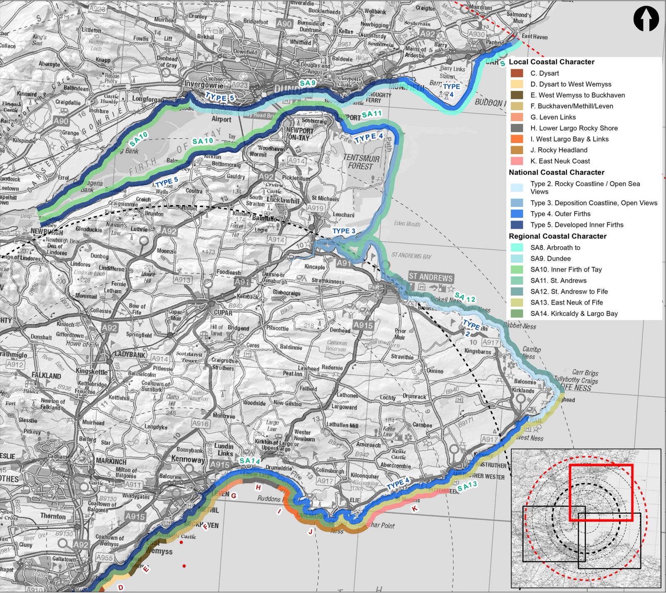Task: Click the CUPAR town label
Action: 223,312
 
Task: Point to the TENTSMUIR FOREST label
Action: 361,162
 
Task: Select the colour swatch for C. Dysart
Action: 517,73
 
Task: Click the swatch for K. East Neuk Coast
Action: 517,161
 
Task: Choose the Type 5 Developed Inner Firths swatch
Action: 517,225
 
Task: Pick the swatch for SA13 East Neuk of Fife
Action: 517,303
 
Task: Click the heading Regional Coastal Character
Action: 557,236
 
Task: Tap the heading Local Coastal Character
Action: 551,62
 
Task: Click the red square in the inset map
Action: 601,492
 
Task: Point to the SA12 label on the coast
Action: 465,297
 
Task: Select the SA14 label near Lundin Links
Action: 250,461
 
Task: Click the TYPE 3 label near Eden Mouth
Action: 344,231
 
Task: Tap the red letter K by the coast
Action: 415,508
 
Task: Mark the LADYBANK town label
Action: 130,355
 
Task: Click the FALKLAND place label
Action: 46,375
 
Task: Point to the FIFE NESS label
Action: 576,388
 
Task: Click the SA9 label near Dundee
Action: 308,83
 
